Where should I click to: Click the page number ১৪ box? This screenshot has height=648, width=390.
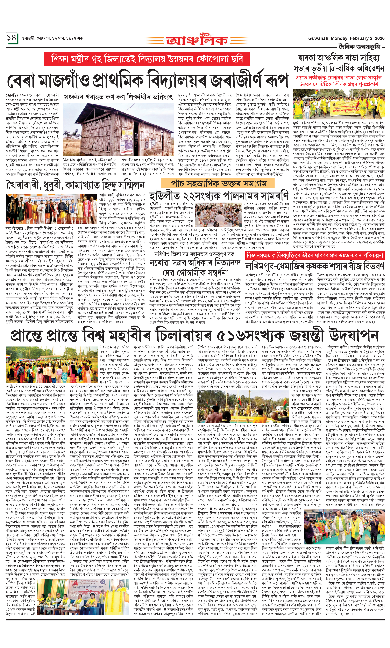pyautogui.click(x=12, y=38)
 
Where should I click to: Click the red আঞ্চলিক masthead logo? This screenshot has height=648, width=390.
pyautogui.click(x=197, y=40)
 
